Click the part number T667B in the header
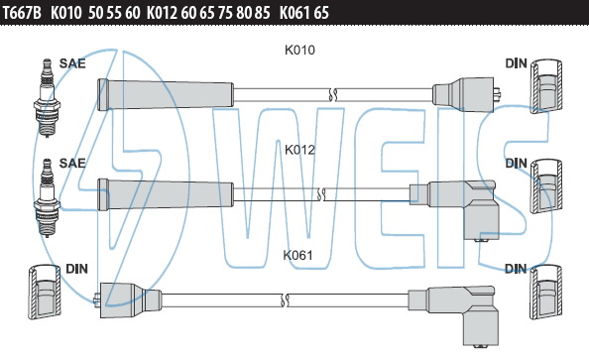pyautogui.click(x=22, y=13)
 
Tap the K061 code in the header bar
pyautogui.click(x=294, y=13)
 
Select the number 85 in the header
pyautogui.click(x=262, y=13)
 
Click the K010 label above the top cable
pyautogui.click(x=299, y=50)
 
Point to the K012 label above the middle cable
pyautogui.click(x=299, y=150)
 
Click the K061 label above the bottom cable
pyautogui.click(x=297, y=255)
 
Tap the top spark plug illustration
pyautogui.click(x=47, y=98)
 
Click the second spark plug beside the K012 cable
pyautogui.click(x=47, y=197)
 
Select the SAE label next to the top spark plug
pyautogui.click(x=72, y=63)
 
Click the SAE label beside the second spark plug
pyautogui.click(x=72, y=163)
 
